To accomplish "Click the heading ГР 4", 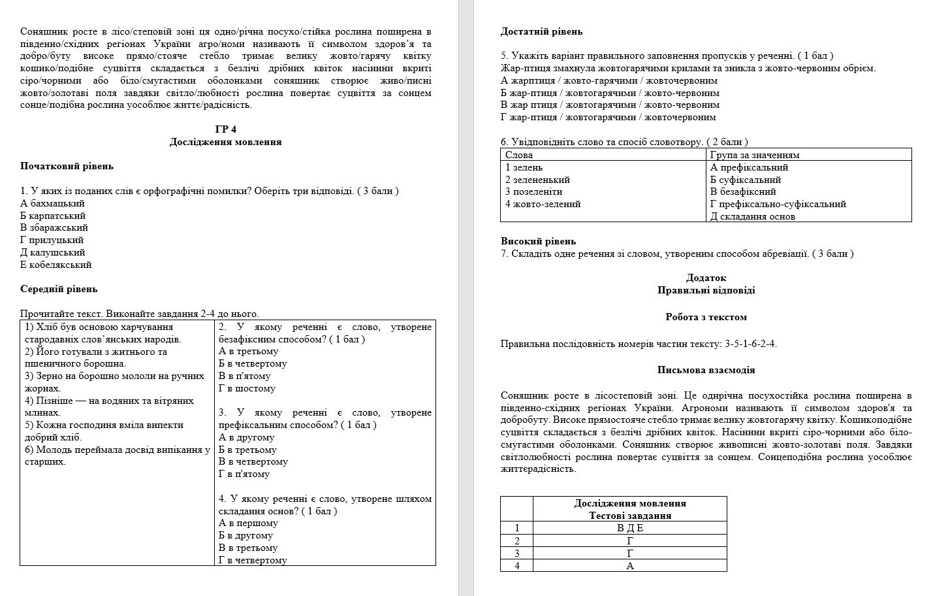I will click(225, 129).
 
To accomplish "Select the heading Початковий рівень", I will click(67, 166).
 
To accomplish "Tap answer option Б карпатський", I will click(53, 216).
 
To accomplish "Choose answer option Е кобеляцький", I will click(55, 265).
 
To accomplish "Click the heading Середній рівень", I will click(59, 289).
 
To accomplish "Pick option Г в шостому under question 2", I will click(247, 388).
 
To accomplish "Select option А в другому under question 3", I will click(246, 437).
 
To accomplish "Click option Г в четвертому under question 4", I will click(253, 560).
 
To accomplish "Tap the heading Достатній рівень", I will click(541, 31).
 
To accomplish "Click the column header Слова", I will click(519, 155).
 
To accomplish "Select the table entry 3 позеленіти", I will click(533, 191).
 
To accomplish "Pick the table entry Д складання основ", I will click(752, 216).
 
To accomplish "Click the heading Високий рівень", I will click(538, 241).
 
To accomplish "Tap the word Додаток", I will click(706, 278).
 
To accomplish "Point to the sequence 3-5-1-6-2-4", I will click(750, 344).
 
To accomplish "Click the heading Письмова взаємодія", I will click(706, 370).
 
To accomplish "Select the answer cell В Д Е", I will click(629, 528).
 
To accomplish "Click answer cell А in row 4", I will click(629, 566).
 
